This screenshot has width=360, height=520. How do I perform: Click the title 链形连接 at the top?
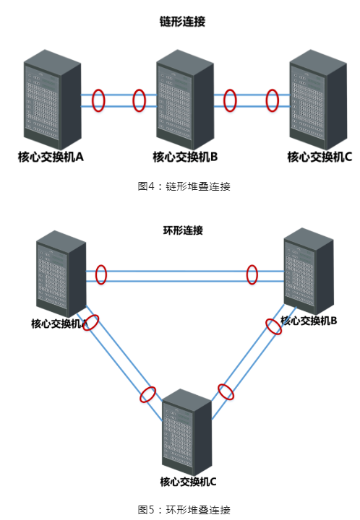click(x=182, y=22)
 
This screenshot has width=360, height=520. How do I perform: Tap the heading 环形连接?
click(x=183, y=230)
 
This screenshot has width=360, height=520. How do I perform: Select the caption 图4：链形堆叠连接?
click(x=184, y=186)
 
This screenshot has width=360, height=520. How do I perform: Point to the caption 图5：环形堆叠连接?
click(x=184, y=509)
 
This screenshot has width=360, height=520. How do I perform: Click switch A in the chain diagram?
click(x=53, y=100)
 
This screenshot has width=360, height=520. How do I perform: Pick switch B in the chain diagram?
click(x=185, y=100)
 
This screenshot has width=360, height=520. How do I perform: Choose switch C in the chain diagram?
click(x=319, y=100)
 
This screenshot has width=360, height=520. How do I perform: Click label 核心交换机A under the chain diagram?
click(x=51, y=157)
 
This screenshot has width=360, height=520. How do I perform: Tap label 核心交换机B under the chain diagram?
click(x=185, y=157)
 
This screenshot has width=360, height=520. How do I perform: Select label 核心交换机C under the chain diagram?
click(x=320, y=157)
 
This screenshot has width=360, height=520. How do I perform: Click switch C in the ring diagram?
click(x=187, y=433)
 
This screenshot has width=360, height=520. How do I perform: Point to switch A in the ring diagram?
click(x=61, y=274)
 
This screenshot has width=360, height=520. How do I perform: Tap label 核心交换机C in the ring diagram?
click(x=188, y=482)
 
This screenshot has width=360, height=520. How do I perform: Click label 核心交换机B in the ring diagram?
click(x=309, y=321)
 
